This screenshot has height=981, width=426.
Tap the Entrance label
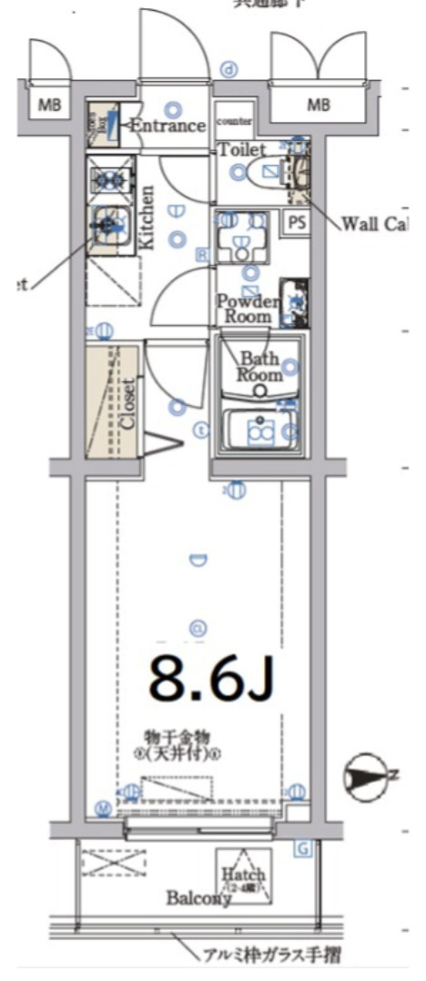[x=167, y=126]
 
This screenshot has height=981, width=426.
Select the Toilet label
[x=242, y=149]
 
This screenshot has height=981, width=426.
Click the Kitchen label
[x=147, y=217]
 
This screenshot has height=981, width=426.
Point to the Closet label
[x=127, y=403]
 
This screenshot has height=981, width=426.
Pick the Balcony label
[x=198, y=898]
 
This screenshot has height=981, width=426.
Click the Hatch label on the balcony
[x=243, y=874]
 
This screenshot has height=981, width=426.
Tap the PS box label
[x=297, y=221]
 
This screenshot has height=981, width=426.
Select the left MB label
[x=48, y=106]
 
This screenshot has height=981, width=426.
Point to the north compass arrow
[x=366, y=776]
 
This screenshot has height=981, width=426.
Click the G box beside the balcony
[x=303, y=849]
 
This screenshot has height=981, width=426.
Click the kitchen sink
[x=109, y=223]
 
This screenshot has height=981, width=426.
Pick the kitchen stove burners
[x=110, y=177]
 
